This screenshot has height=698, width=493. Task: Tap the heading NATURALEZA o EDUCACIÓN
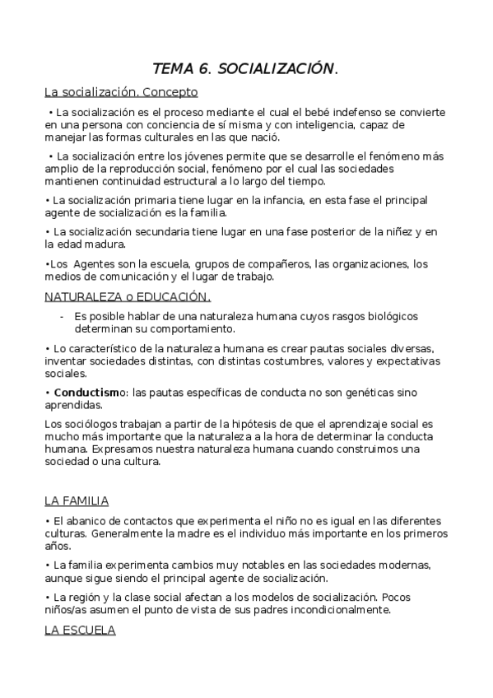pyautogui.click(x=128, y=297)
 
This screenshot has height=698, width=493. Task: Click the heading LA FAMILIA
pyautogui.click(x=77, y=500)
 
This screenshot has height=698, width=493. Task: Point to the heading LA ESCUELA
pyautogui.click(x=80, y=631)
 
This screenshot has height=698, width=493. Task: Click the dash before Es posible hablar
pyautogui.click(x=62, y=317)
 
